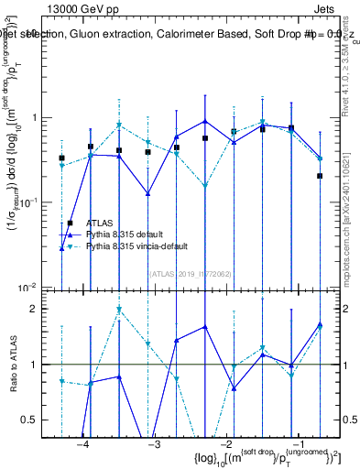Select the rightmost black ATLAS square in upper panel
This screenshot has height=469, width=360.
click(320, 176)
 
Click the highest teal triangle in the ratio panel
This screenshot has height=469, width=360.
click(119, 310)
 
